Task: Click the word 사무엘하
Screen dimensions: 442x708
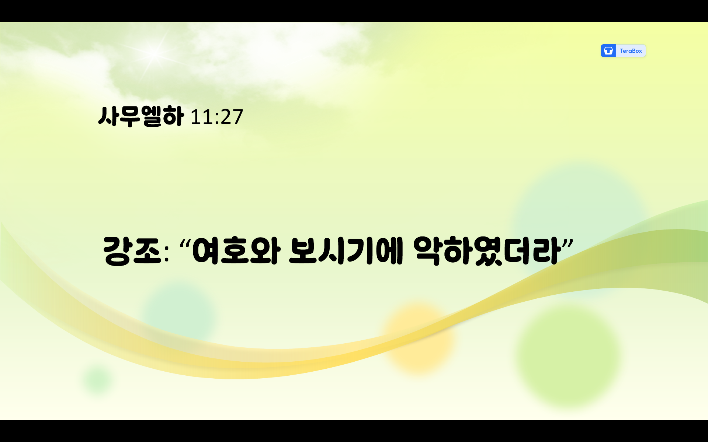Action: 141,116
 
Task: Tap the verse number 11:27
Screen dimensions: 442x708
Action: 217,117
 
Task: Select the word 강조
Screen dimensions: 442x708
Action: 132,251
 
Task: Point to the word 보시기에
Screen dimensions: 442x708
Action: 346,251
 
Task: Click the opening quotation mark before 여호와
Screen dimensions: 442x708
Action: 185,244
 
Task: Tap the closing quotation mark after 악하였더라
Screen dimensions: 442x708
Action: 568,244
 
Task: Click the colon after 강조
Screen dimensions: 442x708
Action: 167,254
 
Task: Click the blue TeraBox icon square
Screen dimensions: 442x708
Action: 608,51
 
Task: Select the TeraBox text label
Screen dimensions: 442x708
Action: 631,51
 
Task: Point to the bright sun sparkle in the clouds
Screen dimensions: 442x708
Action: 154,53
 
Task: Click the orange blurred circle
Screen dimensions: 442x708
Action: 419,337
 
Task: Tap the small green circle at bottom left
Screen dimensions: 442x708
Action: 98,379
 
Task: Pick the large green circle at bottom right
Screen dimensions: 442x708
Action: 568,355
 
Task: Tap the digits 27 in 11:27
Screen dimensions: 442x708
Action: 232,117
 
